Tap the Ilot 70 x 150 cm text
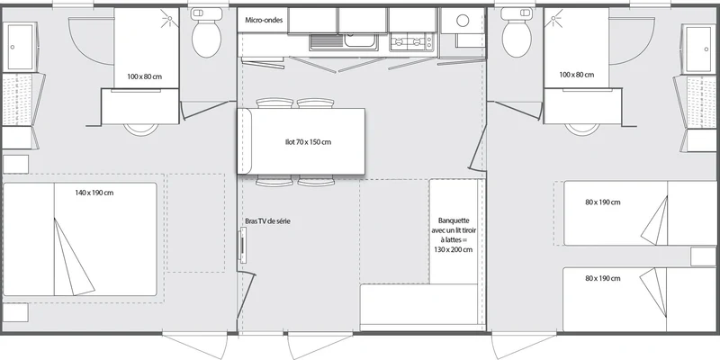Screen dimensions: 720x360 (308, 142)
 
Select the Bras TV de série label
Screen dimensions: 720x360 (267, 220)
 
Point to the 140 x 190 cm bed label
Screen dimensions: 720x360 (94, 193)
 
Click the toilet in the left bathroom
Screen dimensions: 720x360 (207, 33)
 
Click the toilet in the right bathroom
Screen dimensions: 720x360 (517, 33)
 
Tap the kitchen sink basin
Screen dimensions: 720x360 (361, 41)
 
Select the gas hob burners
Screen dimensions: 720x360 (411, 42)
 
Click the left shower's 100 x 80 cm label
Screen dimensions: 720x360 (145, 76)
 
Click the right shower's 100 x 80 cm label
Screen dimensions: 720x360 (577, 75)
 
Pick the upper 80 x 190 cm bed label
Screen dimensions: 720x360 (603, 202)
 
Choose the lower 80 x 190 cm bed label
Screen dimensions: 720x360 (603, 278)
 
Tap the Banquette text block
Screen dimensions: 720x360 (454, 235)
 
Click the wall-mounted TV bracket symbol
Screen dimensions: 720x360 (242, 246)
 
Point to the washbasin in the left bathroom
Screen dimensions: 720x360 (19, 48)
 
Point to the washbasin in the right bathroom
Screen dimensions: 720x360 (699, 49)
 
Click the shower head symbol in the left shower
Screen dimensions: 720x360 (169, 19)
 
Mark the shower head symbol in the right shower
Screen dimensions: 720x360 (553, 19)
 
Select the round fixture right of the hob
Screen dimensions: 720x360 (463, 20)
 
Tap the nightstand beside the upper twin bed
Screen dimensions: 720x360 (703, 256)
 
